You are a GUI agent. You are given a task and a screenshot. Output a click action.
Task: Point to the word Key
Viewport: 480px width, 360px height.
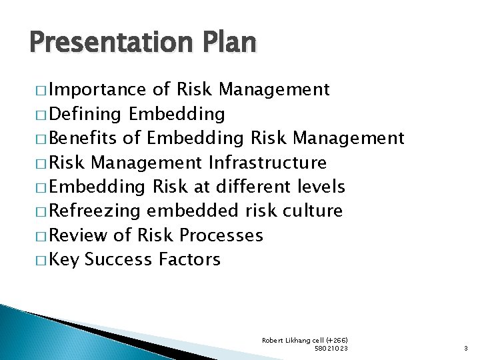pos(63,259)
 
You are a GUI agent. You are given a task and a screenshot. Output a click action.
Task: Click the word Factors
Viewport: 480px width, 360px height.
pos(190,259)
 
